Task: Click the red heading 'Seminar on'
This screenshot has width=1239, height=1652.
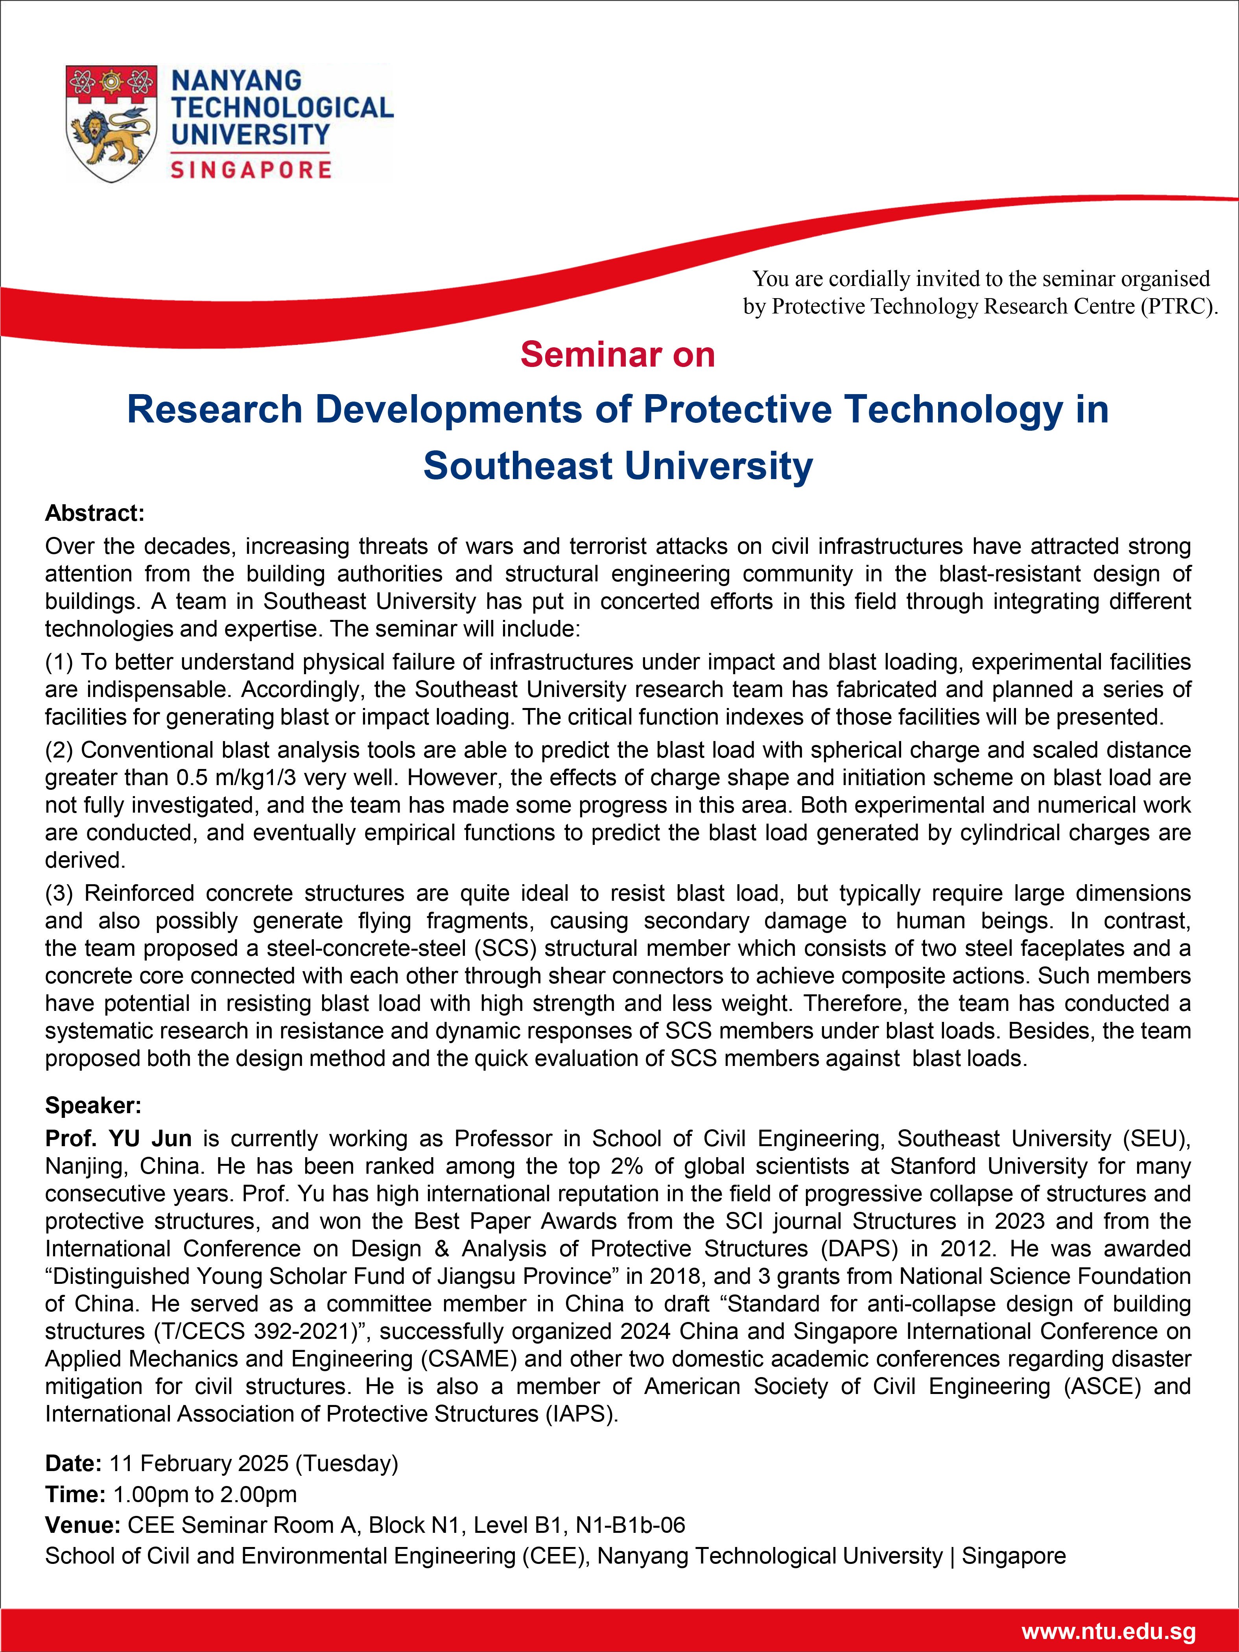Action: (618, 355)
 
